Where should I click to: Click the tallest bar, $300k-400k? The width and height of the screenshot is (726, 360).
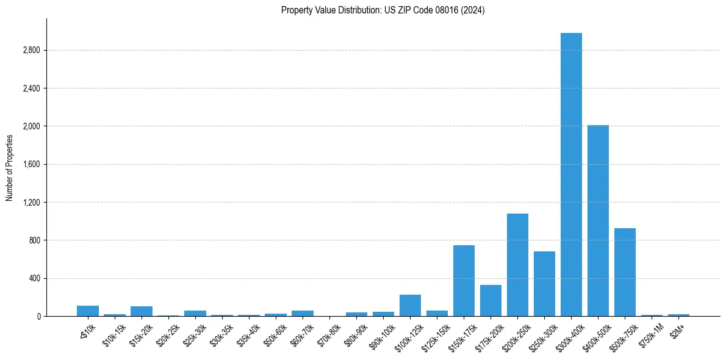point(571,175)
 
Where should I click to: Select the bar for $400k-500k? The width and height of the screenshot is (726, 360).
point(598,220)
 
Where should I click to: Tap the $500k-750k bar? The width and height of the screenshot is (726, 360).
point(625,272)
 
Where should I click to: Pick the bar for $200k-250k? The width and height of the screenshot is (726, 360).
point(517,265)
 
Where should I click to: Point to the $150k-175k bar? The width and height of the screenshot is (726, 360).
point(464,281)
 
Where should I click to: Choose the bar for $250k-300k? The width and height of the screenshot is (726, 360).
point(544,284)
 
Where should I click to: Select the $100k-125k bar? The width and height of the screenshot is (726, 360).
point(410,305)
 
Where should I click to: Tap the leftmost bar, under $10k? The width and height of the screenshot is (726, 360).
point(88,311)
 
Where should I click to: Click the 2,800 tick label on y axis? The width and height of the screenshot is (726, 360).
point(31,50)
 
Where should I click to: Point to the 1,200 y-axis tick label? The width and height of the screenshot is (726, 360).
point(31,203)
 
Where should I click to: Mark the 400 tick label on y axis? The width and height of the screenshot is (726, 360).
point(35,279)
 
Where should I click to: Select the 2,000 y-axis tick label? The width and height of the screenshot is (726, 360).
point(31,126)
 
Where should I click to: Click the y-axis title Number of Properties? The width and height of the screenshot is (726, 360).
point(9,167)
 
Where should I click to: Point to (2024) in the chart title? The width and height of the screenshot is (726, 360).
point(473,10)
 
